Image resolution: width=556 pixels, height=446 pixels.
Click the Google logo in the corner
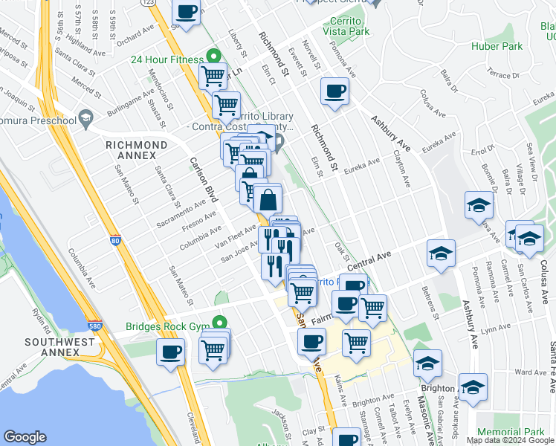pos(25,437)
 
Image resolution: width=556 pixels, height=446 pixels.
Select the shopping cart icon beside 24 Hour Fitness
pos(213,75)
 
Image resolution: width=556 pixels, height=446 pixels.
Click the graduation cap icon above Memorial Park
pos(473,387)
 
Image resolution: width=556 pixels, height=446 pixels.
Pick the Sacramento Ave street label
pos(181,213)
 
